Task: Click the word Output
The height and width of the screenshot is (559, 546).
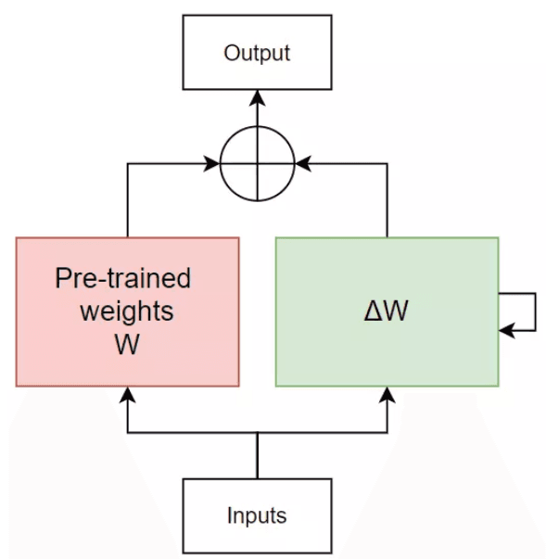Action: tap(257, 53)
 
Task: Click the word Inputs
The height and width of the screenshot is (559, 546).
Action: tap(257, 515)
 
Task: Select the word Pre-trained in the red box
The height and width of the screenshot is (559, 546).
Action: tap(123, 278)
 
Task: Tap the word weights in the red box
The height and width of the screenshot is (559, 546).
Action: tap(127, 312)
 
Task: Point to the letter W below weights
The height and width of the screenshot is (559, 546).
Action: tap(127, 344)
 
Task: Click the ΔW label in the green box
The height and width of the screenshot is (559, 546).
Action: tap(386, 311)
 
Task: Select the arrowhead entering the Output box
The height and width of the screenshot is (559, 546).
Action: tap(258, 98)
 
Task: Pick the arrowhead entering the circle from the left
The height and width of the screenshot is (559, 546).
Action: tap(211, 164)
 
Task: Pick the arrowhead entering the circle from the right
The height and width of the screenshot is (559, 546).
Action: tap(303, 164)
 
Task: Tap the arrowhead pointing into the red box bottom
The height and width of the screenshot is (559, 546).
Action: tap(127, 395)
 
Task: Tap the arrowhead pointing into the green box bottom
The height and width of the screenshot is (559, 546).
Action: tap(387, 395)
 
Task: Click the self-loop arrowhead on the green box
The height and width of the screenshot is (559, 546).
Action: tap(507, 330)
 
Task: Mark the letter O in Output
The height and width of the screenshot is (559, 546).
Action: tap(232, 53)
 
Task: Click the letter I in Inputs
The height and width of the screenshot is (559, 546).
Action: tap(230, 515)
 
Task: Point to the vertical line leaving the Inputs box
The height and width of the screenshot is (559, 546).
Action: tap(258, 455)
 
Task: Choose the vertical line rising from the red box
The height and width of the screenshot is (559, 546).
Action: tap(128, 200)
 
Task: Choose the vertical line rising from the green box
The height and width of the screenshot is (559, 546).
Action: tap(387, 200)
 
